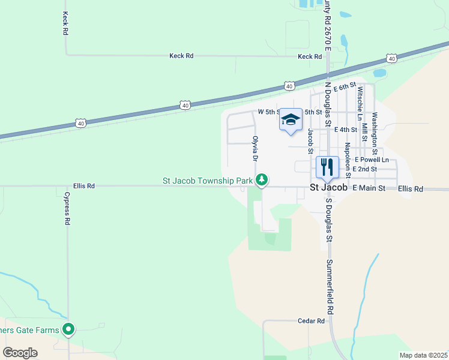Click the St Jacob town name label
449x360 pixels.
(328, 188)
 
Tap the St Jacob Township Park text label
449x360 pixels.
(208, 180)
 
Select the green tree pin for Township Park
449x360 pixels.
(262, 179)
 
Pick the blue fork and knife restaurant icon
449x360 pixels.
(327, 166)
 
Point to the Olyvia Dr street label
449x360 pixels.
(255, 148)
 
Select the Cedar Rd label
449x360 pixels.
(311, 321)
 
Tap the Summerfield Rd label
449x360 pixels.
(330, 288)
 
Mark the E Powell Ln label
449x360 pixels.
(372, 160)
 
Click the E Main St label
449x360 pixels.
(369, 188)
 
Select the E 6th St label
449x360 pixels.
(345, 88)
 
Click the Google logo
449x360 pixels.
(20, 353)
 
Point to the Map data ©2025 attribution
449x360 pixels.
(423, 355)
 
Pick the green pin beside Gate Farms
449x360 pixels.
(69, 329)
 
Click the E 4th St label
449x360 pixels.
(346, 130)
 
